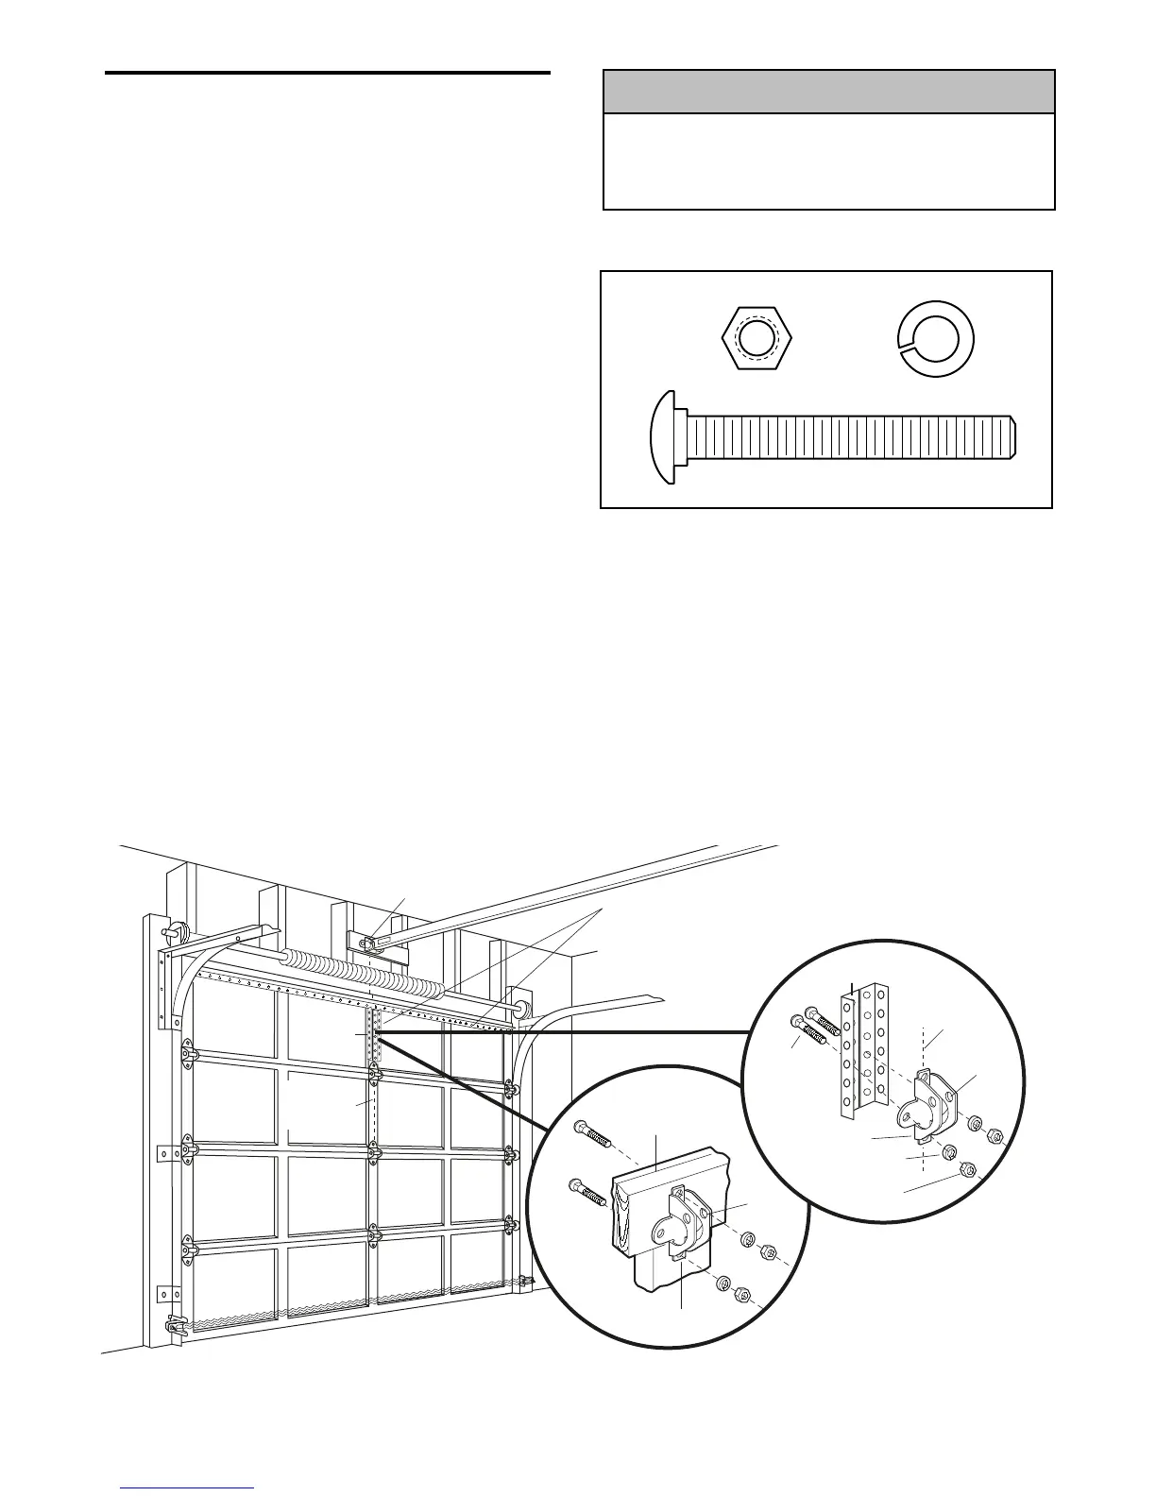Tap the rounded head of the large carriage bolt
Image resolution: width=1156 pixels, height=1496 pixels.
[665, 437]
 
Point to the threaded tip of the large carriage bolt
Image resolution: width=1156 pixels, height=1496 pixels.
[1012, 437]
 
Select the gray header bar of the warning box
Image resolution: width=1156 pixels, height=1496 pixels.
[828, 92]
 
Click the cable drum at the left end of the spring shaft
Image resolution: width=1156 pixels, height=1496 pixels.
[174, 929]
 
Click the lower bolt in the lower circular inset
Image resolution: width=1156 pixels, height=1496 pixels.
[586, 1192]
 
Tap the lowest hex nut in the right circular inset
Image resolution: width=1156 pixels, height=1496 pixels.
[964, 1169]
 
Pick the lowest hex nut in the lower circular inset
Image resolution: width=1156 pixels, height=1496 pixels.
[741, 1294]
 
